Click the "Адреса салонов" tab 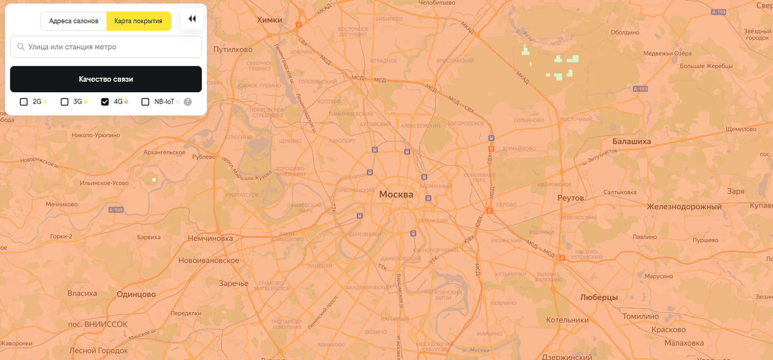74,21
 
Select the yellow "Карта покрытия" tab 139,21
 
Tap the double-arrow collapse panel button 192,19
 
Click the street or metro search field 106,47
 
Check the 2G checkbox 24,102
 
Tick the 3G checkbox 64,102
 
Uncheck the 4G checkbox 105,102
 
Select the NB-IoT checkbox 145,102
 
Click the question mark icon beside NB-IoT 188,102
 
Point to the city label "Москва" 396,195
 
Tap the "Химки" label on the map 270,20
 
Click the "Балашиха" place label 631,141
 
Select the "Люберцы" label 599,297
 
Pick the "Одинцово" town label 136,294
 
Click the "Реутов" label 570,198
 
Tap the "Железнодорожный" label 684,207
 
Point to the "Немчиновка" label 210,238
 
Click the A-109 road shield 116,210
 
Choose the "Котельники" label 567,320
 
